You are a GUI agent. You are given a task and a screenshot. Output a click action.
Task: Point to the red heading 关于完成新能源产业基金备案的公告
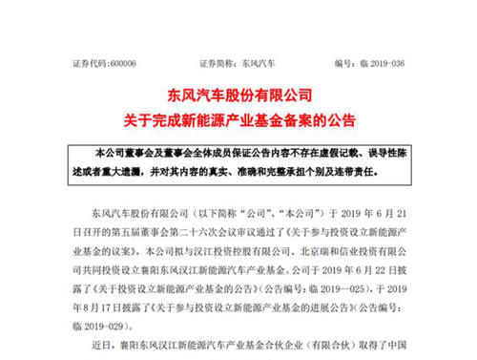click(x=238, y=120)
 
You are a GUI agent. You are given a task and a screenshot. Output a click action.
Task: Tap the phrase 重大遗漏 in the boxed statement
click(x=131, y=175)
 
